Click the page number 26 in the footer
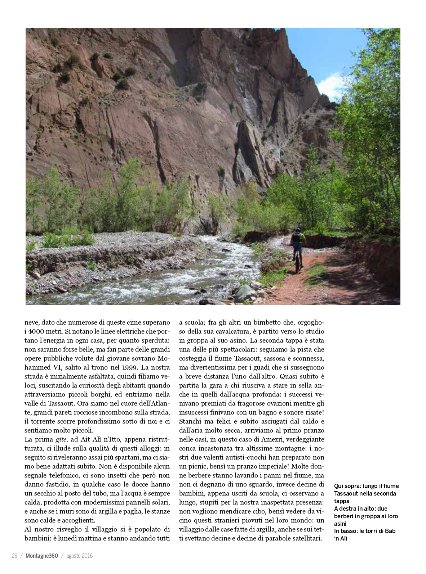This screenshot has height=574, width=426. pos(15,556)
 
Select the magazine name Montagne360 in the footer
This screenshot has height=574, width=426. pos(41,556)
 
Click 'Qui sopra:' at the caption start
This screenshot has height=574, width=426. pos(347,486)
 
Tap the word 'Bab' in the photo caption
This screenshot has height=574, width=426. pos(390,531)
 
